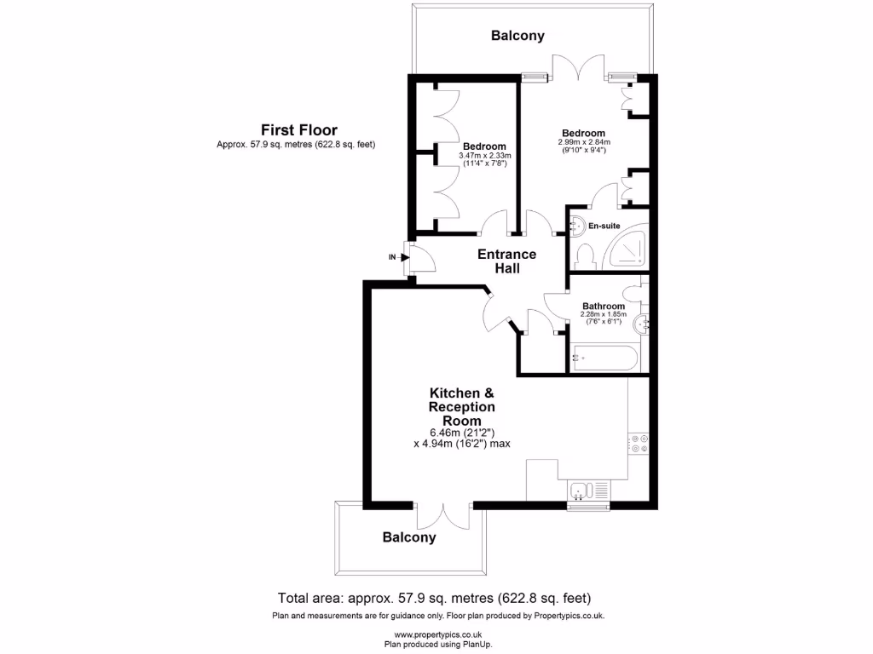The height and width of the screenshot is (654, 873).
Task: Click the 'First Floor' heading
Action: click(298, 130)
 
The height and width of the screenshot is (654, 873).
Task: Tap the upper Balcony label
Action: click(517, 36)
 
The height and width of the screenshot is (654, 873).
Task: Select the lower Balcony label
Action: click(409, 537)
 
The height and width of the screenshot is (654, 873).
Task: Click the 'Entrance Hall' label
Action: click(506, 261)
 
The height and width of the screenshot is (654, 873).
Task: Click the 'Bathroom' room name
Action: click(604, 306)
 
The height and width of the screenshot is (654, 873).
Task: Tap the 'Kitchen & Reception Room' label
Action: click(461, 407)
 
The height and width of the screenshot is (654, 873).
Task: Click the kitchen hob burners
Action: click(639, 443)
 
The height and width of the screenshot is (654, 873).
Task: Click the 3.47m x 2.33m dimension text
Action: click(485, 156)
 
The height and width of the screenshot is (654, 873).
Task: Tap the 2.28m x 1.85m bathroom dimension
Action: click(604, 315)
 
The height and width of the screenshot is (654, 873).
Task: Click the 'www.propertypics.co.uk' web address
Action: click(437, 635)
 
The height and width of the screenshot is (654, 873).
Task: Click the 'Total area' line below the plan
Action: click(434, 598)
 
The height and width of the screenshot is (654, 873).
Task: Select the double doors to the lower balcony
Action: click(444, 516)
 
